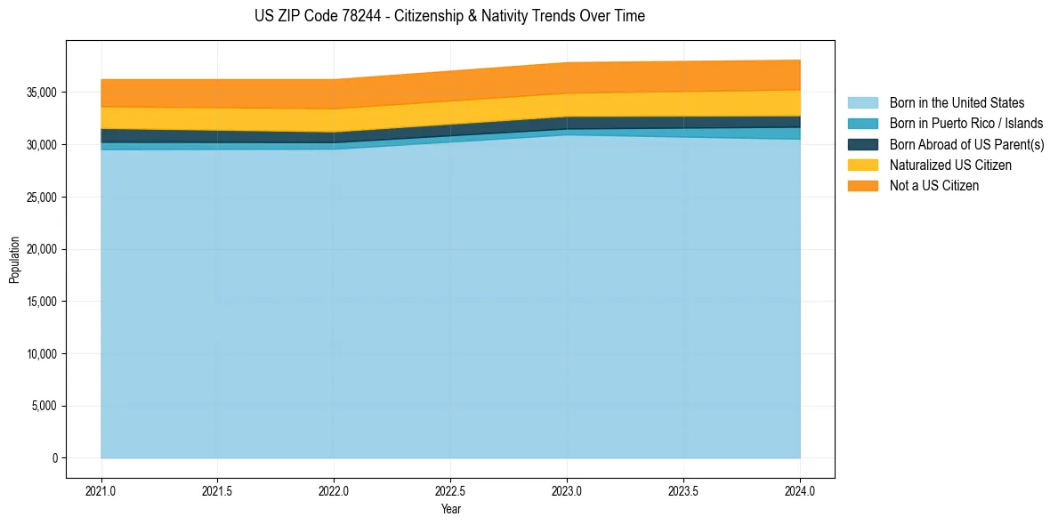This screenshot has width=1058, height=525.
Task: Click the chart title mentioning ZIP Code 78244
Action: (449, 16)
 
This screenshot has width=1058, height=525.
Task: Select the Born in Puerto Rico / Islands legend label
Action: (965, 124)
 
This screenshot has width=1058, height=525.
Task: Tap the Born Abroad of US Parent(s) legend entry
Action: (966, 144)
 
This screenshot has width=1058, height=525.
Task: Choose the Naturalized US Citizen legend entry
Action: (950, 165)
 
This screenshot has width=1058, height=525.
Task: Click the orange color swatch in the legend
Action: (862, 185)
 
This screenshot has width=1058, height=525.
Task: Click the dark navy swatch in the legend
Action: (862, 144)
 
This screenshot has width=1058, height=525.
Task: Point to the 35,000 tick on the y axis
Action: (42, 93)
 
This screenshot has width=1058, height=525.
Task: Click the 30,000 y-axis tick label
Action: (42, 144)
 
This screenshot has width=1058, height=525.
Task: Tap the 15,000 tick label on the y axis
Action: (42, 302)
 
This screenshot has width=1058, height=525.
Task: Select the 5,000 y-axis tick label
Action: (44, 407)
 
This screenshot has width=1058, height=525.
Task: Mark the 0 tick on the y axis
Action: (54, 458)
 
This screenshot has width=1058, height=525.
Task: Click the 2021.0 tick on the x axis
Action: (101, 490)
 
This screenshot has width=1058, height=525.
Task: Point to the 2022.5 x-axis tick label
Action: (450, 490)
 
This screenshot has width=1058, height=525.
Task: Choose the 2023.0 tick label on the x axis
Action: (567, 490)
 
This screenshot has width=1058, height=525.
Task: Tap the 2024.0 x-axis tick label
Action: (800, 490)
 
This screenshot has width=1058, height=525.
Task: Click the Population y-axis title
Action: (14, 260)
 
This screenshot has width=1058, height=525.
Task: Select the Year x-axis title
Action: (450, 509)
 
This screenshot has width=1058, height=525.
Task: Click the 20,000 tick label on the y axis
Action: (42, 249)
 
